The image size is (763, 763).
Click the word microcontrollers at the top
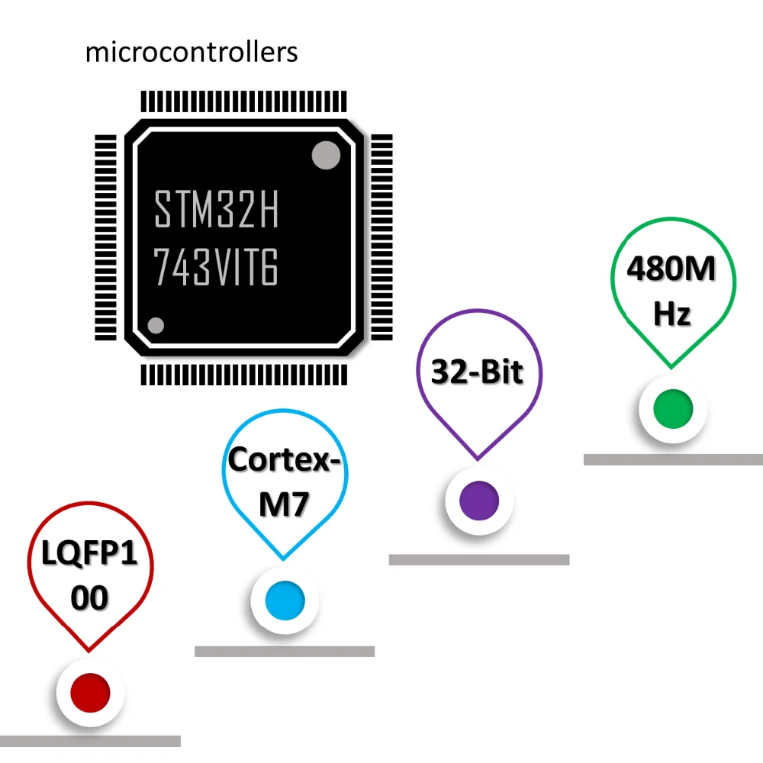[x=192, y=53]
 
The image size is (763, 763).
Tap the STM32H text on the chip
[x=217, y=209]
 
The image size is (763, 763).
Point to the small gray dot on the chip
[x=156, y=326]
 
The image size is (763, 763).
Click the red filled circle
[x=90, y=692]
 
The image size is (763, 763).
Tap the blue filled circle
[x=285, y=600]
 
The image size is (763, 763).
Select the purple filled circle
[x=479, y=501]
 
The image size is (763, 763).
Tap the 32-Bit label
[x=478, y=372]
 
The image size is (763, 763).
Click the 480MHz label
[x=672, y=291]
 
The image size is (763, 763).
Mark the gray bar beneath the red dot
[x=90, y=741]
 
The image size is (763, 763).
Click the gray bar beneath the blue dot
[x=285, y=652]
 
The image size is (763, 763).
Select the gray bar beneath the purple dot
[x=479, y=559]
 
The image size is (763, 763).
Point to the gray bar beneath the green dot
[x=673, y=459]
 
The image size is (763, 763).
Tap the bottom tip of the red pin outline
[x=90, y=651]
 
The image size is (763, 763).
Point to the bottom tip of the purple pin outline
[x=478, y=459]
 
